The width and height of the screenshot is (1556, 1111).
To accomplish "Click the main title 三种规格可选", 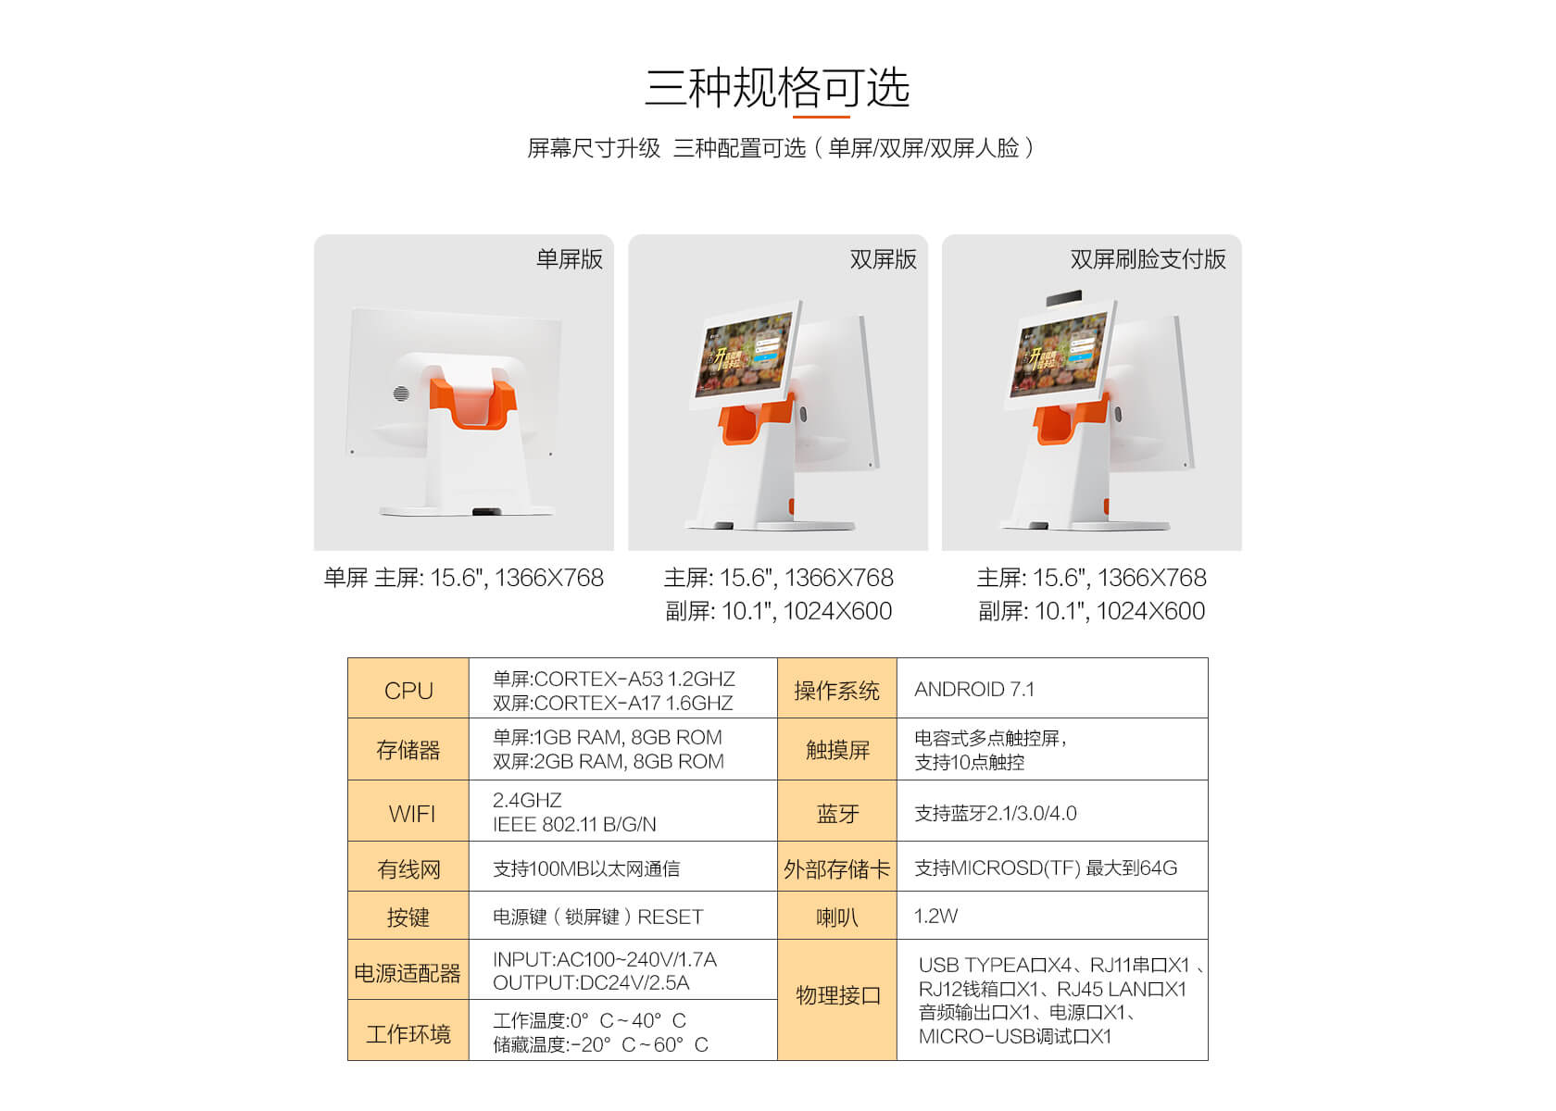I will pos(777,88).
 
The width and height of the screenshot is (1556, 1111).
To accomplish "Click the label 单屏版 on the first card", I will pos(569,259).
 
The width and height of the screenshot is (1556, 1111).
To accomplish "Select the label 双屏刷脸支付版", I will pos(1148,259).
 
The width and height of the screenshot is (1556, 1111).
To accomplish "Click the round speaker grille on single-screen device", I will pos(401,393).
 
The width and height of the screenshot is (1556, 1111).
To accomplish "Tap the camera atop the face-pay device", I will pos(1063,298).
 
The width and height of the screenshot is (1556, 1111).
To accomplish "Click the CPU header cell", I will pos(408,690).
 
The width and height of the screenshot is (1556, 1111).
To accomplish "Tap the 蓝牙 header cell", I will pos(837,813).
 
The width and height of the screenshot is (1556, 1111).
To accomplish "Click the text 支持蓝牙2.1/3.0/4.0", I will pos(995,813).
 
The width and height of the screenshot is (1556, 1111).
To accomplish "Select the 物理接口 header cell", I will pos(837,995).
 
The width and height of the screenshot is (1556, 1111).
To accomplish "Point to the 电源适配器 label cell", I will pos(408,972).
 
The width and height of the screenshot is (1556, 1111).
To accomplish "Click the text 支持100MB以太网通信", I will pos(586,868).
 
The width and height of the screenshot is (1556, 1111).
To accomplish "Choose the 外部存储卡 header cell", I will pos(836,868).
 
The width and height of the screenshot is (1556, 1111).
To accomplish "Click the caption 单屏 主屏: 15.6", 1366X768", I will pos(463,578).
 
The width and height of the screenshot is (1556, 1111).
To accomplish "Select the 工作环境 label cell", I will pos(408,1033).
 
